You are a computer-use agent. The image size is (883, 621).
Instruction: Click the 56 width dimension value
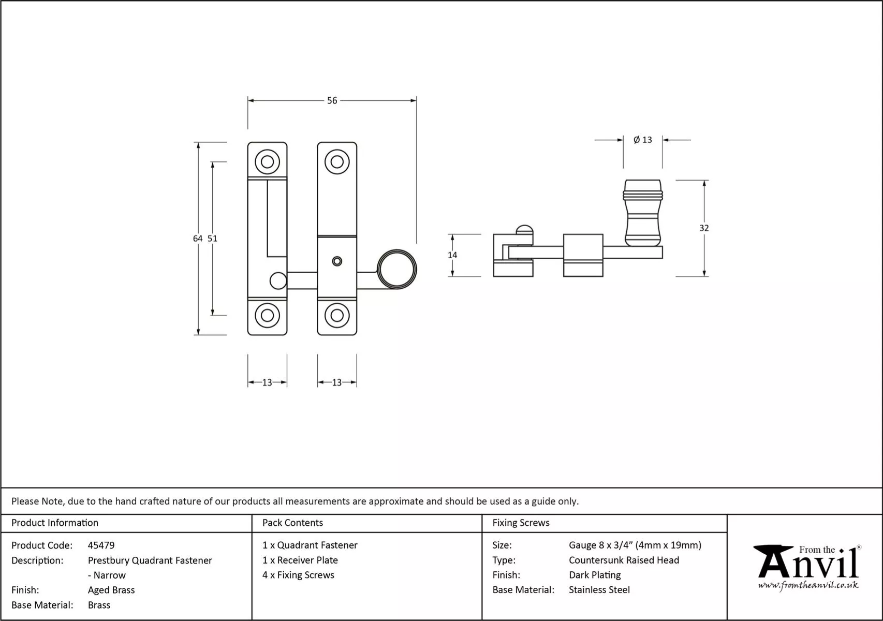332,100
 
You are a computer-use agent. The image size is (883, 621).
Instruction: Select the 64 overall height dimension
197,239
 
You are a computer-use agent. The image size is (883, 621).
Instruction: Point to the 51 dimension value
212,239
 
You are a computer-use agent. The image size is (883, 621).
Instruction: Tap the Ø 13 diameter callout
643,140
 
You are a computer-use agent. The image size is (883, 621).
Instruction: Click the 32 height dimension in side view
704,228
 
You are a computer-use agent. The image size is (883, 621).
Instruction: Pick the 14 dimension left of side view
452,255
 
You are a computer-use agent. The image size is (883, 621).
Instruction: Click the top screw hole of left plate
267,162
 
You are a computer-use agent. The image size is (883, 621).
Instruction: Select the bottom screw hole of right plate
337,315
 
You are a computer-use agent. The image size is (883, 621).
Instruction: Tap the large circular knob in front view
397,269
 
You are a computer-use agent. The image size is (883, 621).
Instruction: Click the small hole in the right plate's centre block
337,261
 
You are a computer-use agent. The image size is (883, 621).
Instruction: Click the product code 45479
101,545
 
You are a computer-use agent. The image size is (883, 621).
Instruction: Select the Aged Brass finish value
111,590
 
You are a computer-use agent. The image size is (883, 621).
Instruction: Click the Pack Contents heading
292,523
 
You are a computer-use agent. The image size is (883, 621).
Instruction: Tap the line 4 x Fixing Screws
298,575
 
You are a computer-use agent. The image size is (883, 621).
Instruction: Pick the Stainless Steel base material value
599,590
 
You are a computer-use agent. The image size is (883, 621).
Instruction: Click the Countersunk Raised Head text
624,560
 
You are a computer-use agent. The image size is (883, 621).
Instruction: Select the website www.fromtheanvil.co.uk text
808,585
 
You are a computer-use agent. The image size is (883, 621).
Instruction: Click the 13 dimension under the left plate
267,382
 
